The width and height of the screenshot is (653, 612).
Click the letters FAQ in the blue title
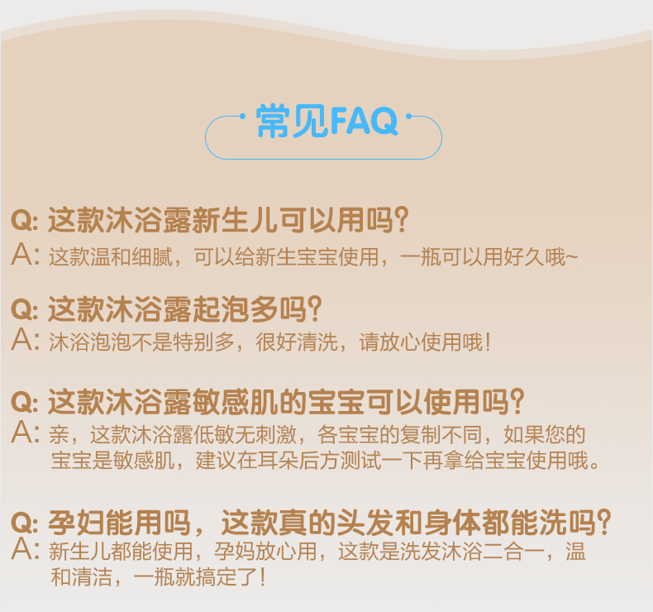pos(364,121)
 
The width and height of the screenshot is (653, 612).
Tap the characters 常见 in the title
pos(293,121)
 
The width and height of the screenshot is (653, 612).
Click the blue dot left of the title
pos(242,117)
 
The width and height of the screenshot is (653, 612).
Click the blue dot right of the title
pos(408,117)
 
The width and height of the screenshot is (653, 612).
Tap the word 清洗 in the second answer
pos(317,342)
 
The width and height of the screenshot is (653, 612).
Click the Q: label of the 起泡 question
pos(25,310)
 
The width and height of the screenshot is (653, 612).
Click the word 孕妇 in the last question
pos(77,523)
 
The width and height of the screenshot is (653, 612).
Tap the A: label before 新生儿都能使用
pos(25,549)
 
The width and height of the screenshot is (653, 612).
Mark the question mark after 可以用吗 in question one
pos(402,219)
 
